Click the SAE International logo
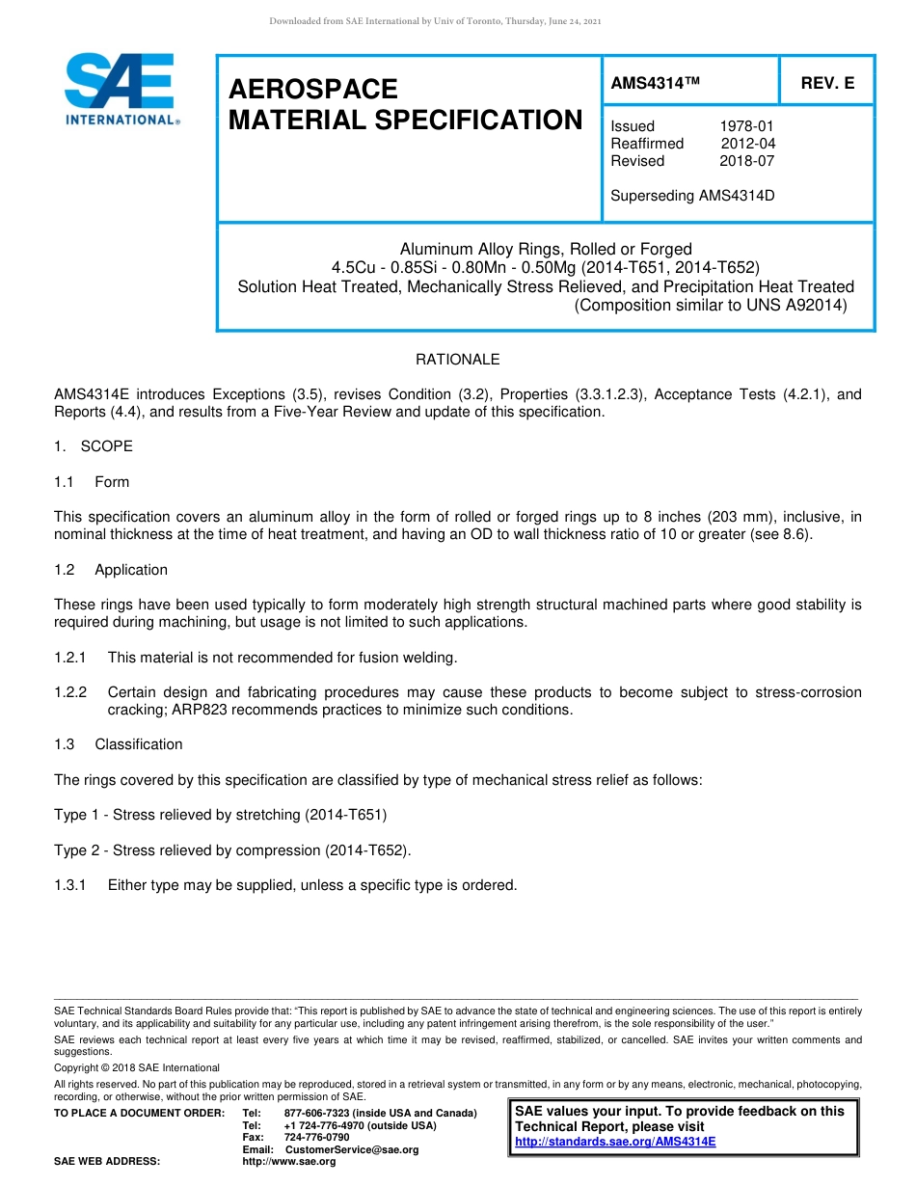coord(120,89)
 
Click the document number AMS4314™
coord(655,83)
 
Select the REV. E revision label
coord(827,83)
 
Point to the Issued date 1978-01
coord(746,126)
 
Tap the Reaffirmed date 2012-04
coord(747,144)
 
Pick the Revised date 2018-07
coord(746,161)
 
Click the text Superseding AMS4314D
coord(692,196)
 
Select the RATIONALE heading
coord(457,360)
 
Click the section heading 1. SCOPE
coord(94,446)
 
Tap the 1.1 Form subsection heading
coord(92,482)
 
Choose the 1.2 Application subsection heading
coord(111,570)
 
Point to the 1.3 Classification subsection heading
coord(118,744)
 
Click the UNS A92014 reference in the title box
coord(794,305)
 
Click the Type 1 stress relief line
coord(220,815)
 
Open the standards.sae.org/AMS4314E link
coord(615,1142)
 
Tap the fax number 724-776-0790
coord(316,1138)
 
